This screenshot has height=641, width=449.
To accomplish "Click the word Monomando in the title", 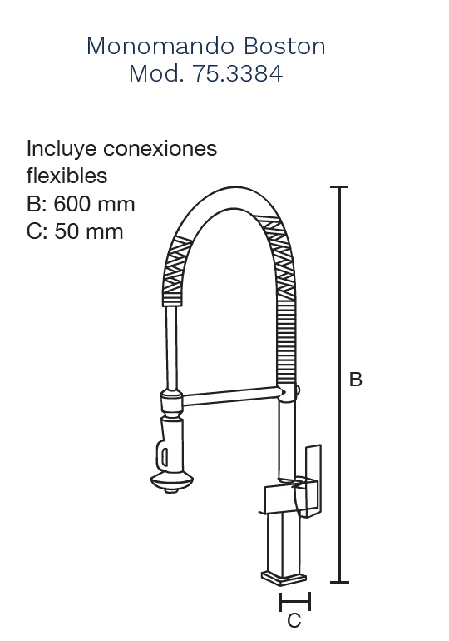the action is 160,46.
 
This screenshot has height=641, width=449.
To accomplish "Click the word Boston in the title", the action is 284,46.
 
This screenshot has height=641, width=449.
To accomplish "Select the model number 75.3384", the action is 237,73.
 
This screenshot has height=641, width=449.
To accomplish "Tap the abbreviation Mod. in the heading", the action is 156,73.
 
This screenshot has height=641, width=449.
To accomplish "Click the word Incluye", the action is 62,149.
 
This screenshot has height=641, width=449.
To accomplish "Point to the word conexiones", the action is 160,148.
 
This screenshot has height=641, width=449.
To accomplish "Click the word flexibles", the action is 67,176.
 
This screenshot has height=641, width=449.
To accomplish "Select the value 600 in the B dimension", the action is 73,205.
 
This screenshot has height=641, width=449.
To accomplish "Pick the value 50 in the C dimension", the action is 67,231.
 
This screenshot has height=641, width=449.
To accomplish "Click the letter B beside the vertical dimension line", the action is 356,380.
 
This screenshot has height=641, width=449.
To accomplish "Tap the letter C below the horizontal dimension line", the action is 294,620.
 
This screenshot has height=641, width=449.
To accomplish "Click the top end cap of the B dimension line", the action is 339,186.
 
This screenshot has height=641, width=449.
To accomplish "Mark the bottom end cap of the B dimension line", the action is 339,582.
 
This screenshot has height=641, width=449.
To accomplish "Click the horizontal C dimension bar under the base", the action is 294,601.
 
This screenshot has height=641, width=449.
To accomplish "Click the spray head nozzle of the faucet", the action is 171,481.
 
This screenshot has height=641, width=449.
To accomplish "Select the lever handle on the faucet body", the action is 313,481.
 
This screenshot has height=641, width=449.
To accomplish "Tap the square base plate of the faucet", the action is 284,577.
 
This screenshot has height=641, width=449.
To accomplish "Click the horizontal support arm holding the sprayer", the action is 233,396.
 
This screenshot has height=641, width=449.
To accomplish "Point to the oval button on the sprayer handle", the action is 164,457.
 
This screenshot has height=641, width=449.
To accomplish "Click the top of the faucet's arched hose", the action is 234,198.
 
